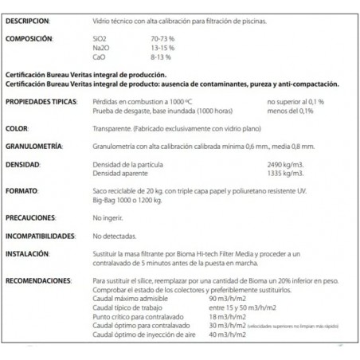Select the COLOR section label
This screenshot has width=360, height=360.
coord(18,127)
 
